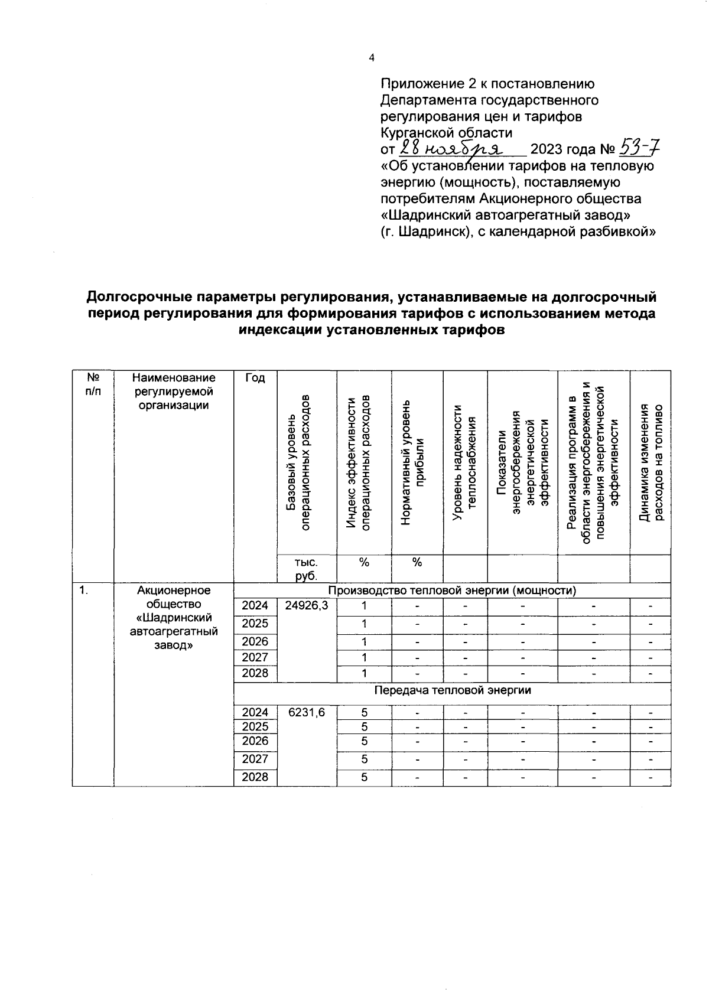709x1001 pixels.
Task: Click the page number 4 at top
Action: tap(371, 58)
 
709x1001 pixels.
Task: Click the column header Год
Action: tap(255, 378)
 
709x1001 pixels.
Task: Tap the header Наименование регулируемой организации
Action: tap(174, 391)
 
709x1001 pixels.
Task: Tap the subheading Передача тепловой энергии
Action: tap(453, 690)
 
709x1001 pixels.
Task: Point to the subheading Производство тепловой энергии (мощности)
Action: tap(452, 591)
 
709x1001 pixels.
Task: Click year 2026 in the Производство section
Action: tap(255, 641)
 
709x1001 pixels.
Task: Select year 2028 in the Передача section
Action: tap(255, 777)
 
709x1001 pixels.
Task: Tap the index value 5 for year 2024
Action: tap(364, 712)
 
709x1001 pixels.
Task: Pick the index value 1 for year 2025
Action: tap(364, 624)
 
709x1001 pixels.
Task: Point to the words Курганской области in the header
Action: tap(446, 132)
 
